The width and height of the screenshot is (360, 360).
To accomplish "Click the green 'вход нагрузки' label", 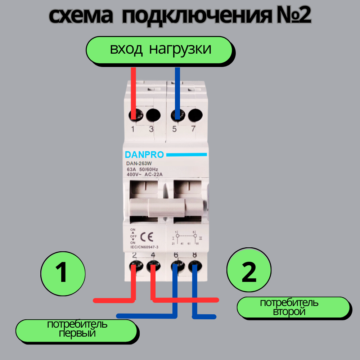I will tap(160, 49).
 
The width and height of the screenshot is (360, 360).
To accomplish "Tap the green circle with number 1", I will tap(63, 273).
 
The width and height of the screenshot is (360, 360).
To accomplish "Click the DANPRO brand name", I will tap(144, 155).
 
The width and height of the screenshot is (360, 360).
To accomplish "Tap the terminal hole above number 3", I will tap(153, 115).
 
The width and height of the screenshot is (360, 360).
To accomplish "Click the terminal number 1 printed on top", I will tap(132, 129).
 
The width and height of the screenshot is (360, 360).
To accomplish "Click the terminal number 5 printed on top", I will tap(175, 129).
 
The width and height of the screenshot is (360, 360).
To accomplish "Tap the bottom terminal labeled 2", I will tap(134, 267).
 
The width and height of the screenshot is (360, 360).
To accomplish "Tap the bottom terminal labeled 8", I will tap(195, 267).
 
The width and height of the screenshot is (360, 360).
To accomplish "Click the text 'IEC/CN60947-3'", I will tap(144, 247).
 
